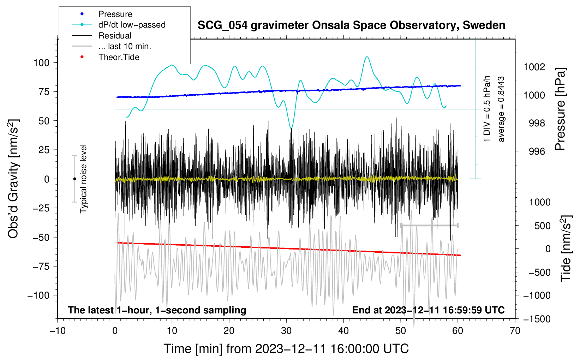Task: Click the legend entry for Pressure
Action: click(102, 14)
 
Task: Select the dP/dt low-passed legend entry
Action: click(119, 25)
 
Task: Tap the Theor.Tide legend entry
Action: click(106, 57)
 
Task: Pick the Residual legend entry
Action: click(102, 36)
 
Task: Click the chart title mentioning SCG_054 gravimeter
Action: click(351, 25)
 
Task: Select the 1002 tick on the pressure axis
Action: click(534, 67)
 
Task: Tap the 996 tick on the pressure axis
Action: click(537, 151)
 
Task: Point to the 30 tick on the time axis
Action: click(286, 331)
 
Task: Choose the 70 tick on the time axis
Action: click(515, 331)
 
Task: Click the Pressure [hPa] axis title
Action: click(560, 109)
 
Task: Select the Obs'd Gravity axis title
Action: click(13, 179)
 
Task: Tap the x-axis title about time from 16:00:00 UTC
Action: click(286, 349)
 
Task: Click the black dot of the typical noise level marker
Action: click(74, 179)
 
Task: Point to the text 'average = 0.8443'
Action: click(501, 109)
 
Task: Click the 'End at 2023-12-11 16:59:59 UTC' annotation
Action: click(428, 310)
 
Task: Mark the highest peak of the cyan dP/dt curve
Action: click(367, 56)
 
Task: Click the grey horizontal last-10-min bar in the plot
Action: click(429, 225)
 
